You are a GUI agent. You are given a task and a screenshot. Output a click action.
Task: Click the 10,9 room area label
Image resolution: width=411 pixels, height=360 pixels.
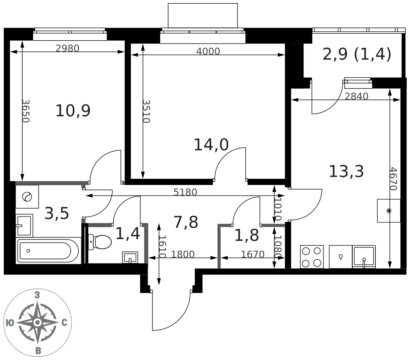(73, 111)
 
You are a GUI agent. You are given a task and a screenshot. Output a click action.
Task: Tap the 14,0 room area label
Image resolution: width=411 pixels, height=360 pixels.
(211, 145)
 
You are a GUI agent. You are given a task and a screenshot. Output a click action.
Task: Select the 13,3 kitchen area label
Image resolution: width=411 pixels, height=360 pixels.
(346, 172)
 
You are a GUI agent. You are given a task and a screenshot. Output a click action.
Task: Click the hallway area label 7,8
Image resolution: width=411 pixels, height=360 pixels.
(186, 222)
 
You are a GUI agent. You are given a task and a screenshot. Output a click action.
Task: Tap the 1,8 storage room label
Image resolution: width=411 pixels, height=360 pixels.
(247, 235)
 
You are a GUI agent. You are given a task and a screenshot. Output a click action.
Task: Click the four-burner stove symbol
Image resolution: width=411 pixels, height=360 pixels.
(312, 257)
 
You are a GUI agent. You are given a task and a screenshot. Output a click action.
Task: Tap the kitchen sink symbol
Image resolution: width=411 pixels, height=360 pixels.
(364, 257)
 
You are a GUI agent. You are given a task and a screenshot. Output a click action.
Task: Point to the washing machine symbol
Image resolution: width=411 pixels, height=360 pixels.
(27, 196)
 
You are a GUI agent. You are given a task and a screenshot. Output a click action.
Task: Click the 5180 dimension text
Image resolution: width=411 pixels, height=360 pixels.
(185, 192)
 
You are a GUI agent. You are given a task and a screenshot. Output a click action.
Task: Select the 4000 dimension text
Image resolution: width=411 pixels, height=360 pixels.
(208, 51)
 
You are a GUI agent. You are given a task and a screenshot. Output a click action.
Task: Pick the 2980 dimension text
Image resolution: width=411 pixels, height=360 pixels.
(67, 48)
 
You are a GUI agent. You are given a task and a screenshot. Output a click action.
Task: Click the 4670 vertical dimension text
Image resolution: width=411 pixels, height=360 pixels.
(393, 179)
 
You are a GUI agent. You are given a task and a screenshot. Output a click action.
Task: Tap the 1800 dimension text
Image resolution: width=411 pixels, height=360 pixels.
(183, 254)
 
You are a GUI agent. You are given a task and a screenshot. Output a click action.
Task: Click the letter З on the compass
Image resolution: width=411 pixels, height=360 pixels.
(37, 295)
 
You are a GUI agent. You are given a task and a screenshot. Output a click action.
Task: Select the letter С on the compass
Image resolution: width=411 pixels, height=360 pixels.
(65, 323)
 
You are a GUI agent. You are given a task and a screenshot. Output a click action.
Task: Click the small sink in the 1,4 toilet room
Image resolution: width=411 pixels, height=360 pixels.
(130, 257)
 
